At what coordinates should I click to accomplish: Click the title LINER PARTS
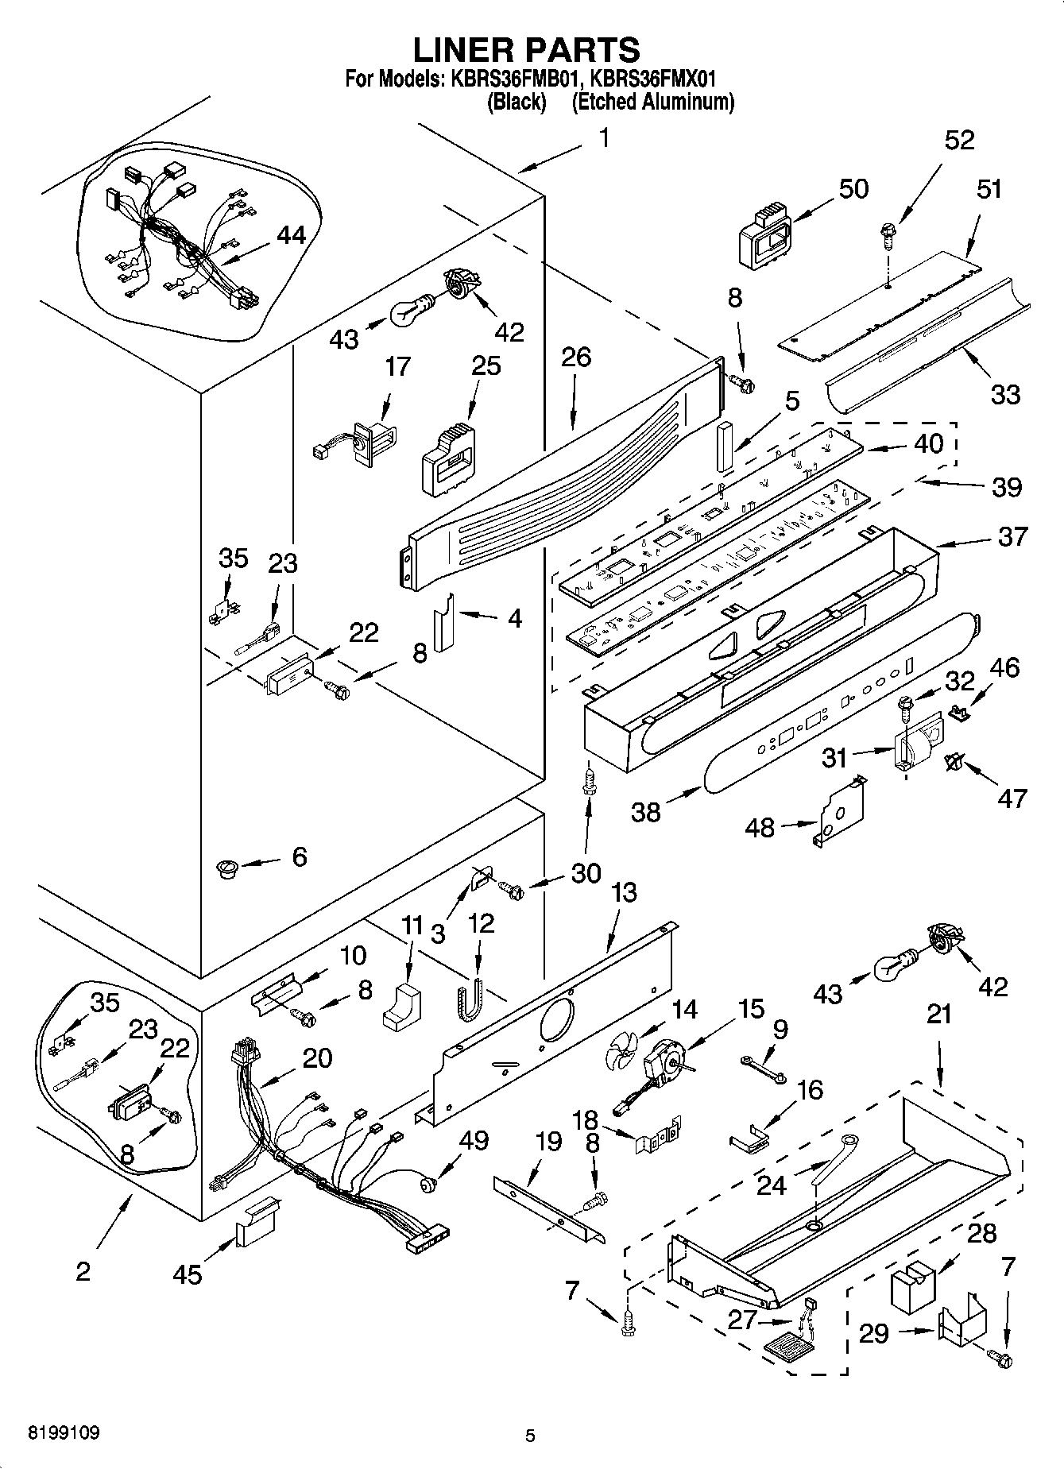[x=526, y=49]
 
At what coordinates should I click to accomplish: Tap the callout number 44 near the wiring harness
[x=291, y=236]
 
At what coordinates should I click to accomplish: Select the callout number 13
[x=625, y=892]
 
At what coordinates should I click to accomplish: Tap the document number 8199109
[x=53, y=1434]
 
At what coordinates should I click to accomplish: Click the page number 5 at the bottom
[x=530, y=1436]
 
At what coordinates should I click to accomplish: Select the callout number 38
[x=646, y=812]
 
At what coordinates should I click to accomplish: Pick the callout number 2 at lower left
[x=83, y=1271]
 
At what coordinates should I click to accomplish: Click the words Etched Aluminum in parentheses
[x=652, y=102]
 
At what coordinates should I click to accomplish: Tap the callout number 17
[x=397, y=366]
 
